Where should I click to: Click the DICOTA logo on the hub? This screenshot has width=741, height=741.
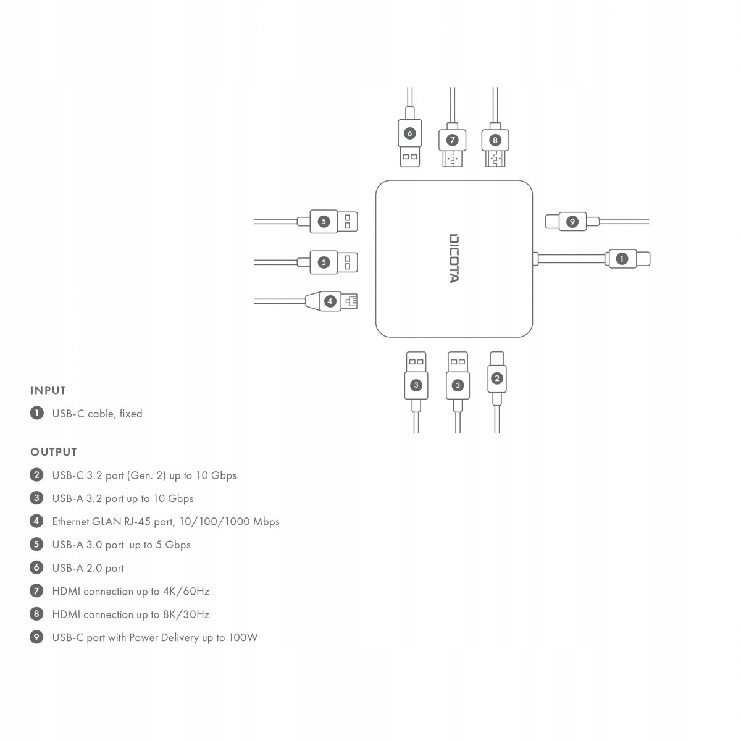pos(454,258)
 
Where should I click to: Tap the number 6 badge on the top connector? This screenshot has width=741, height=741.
pos(409,133)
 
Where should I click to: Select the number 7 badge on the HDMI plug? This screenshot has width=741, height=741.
pos(452,140)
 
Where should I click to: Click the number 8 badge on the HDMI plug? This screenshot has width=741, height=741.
pos(495,140)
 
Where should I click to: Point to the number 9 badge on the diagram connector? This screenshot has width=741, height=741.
pos(572,222)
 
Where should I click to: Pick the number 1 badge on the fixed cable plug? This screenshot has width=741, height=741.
pos(622,259)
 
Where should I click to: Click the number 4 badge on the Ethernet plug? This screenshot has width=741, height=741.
pos(330,301)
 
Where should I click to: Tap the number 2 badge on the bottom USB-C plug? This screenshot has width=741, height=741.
pos(497,379)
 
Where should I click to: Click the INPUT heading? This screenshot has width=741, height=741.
pos(48,390)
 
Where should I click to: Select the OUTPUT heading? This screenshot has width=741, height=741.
pos(54,452)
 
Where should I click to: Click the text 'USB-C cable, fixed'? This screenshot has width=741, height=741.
pos(98,414)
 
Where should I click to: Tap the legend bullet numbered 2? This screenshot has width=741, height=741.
pos(36,475)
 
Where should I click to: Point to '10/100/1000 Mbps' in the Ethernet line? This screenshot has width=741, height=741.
pos(230,522)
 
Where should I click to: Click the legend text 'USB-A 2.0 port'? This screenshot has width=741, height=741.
pos(88,568)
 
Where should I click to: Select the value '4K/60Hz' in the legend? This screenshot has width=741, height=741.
pos(186,591)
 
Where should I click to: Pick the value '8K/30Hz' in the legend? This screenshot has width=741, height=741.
pos(186,614)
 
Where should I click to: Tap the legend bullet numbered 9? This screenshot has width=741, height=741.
pos(36,637)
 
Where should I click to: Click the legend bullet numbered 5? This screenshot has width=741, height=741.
pos(36,545)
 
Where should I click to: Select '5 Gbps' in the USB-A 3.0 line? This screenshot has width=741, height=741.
pos(173,545)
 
